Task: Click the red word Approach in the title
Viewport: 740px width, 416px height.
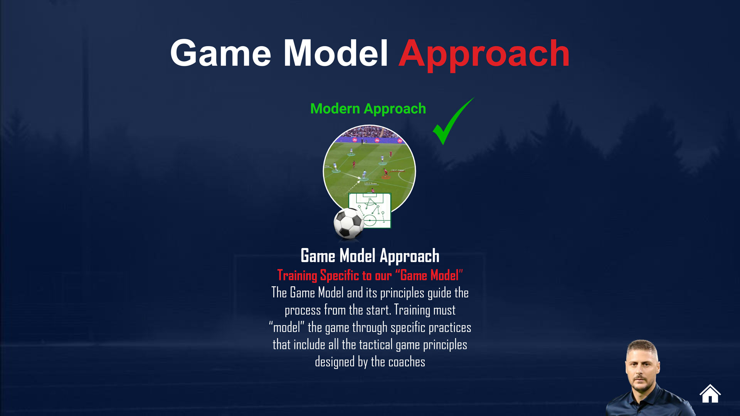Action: pos(484,54)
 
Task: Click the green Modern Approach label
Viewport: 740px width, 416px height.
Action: pos(368,109)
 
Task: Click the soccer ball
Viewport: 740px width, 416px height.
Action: pos(349,223)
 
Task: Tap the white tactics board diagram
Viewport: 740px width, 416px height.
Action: pos(370,210)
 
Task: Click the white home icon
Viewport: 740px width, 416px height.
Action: pos(710,394)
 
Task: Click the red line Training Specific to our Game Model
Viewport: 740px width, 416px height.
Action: pos(370,275)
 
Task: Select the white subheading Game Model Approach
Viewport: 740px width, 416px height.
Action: pos(370,256)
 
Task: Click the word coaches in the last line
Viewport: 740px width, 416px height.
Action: pos(407,362)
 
